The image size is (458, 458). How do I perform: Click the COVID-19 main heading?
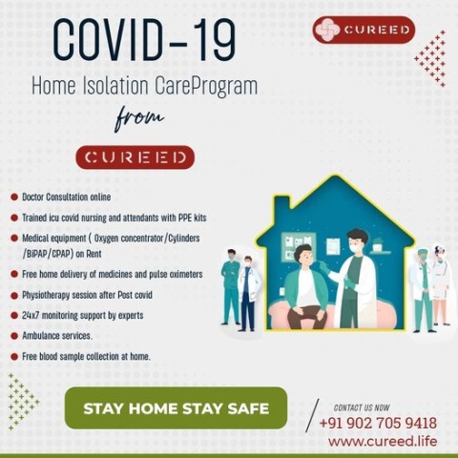pos(144,40)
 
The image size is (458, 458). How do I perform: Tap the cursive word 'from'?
pos(139,118)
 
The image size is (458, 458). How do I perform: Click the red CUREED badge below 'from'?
pos(135,157)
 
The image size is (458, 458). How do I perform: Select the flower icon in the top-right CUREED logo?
pos(327,30)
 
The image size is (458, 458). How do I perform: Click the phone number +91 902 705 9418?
pos(378,424)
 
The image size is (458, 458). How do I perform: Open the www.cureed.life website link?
pos(383,442)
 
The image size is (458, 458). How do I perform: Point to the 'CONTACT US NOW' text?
pos(362,407)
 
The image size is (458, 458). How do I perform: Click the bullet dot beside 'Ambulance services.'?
pos(14,336)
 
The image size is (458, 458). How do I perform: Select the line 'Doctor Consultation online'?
pos(67,198)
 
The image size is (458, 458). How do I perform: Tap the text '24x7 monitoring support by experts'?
pos(83,315)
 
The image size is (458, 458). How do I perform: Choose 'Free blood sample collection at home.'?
pos(86,357)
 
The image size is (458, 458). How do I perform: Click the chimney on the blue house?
pos(282,204)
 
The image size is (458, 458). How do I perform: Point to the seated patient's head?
pos(303,256)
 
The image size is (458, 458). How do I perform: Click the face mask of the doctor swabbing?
pos(357,248)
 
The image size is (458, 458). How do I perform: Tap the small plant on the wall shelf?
pos(378,243)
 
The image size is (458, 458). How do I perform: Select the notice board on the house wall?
pos(299,247)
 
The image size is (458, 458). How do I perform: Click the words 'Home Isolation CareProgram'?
pos(144,86)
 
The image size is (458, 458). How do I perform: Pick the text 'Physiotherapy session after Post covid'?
pos(87,295)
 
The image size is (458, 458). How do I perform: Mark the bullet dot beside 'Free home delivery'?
pos(14,274)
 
